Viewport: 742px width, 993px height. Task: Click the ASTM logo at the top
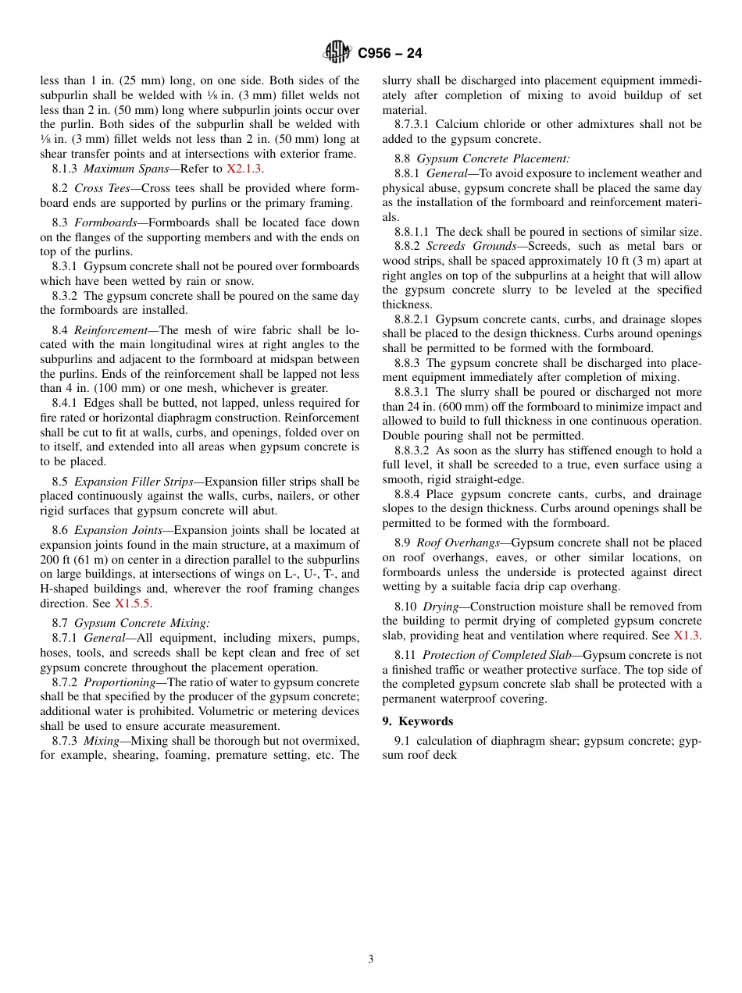point(337,53)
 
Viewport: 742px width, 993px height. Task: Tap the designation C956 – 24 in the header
point(390,54)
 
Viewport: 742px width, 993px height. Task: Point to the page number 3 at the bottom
point(371,959)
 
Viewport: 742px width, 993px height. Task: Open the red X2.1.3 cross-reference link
point(244,169)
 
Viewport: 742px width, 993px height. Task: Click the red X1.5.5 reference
point(133,603)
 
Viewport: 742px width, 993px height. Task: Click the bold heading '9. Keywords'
point(417,721)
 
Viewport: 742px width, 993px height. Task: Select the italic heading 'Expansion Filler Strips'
point(134,482)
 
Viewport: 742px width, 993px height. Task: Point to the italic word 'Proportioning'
point(120,682)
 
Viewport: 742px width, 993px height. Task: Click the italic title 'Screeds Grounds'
point(471,246)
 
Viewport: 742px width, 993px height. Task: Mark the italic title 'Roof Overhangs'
point(457,543)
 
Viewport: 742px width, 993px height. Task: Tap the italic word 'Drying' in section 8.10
point(441,607)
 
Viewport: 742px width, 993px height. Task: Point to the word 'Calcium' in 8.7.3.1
point(455,124)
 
